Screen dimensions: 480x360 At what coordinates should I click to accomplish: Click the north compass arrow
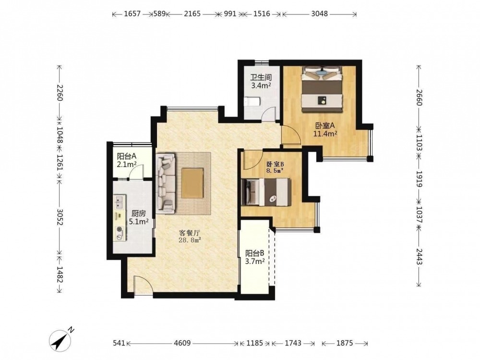[62, 339]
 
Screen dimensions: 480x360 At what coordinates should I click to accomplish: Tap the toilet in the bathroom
[252, 101]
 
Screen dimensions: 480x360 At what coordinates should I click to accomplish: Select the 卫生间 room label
[261, 77]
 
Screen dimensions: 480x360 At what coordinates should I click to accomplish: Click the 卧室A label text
[325, 125]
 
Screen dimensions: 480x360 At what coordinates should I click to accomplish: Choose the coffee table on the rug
[192, 183]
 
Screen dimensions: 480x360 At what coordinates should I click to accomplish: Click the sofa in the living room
[166, 183]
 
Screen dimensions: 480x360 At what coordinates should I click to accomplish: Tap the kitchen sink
[120, 203]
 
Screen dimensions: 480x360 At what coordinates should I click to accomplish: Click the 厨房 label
[139, 214]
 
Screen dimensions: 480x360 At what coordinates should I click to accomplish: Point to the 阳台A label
[126, 156]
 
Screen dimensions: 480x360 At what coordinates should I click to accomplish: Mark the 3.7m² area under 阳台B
[255, 262]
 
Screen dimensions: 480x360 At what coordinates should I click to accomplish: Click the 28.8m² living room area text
[190, 240]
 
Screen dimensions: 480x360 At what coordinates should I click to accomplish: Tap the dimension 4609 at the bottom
[182, 343]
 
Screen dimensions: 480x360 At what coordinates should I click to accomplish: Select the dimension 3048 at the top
[319, 13]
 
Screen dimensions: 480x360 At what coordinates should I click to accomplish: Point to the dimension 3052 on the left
[60, 217]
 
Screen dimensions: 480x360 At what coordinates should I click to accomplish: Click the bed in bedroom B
[266, 192]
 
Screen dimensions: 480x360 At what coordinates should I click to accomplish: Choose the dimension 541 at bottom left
[119, 343]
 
